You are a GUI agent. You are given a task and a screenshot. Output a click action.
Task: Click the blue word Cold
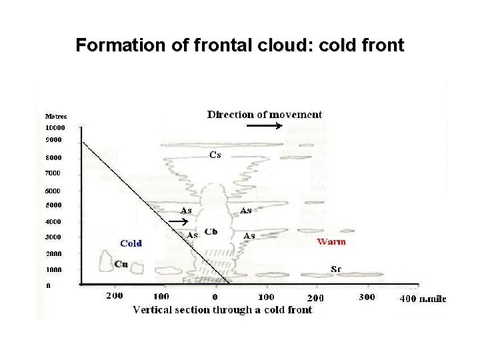[131, 243]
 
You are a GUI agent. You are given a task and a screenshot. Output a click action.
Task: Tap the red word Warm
[331, 241]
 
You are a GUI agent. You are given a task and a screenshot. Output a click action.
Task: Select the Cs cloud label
[215, 155]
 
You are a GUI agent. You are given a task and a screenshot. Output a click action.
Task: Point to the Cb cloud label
[210, 231]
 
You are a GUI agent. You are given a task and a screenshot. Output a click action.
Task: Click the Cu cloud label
[121, 263]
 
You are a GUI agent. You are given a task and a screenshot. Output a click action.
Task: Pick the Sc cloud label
[337, 269]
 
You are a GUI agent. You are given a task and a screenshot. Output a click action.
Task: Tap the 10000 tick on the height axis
[55, 127]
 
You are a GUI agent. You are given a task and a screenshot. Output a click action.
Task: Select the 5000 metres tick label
[53, 205]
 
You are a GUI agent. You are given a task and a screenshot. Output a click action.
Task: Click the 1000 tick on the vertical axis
[53, 270]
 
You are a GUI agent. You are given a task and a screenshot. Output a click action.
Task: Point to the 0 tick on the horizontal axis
[215, 296]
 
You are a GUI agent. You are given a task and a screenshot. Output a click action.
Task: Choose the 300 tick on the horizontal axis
[367, 297]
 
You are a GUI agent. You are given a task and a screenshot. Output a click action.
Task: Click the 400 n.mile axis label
[423, 298]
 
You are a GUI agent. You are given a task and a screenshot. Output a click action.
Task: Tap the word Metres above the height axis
[55, 116]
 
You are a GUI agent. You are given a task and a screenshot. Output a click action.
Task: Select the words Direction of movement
[265, 114]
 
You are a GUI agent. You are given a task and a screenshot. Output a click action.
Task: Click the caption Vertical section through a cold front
[222, 309]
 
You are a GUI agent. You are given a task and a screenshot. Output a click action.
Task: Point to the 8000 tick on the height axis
[53, 158]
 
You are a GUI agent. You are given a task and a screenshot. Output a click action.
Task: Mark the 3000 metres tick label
[53, 237]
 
